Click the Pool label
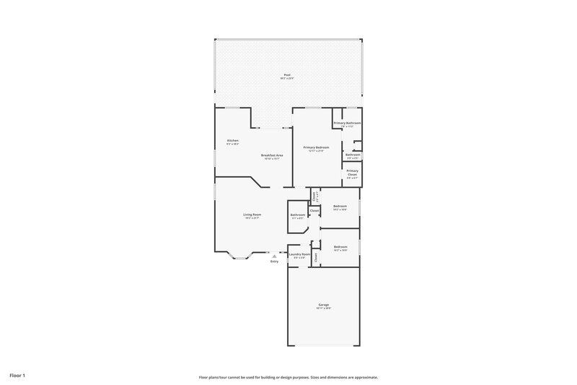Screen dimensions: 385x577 287,74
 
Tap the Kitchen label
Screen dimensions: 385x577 233,140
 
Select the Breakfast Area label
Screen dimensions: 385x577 272,155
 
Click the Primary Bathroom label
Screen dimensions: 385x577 348,124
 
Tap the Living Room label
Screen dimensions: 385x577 252,215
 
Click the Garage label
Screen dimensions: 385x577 323,305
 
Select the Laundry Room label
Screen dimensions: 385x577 299,254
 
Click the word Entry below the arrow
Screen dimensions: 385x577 274,261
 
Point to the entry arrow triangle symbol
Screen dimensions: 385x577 274,255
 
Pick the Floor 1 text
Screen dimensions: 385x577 17,376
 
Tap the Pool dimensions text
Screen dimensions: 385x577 287,78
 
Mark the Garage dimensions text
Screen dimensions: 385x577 323,308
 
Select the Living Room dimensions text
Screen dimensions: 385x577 252,218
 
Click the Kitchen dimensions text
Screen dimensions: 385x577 233,144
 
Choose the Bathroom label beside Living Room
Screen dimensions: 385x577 297,215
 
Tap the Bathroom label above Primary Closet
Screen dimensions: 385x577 353,155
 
